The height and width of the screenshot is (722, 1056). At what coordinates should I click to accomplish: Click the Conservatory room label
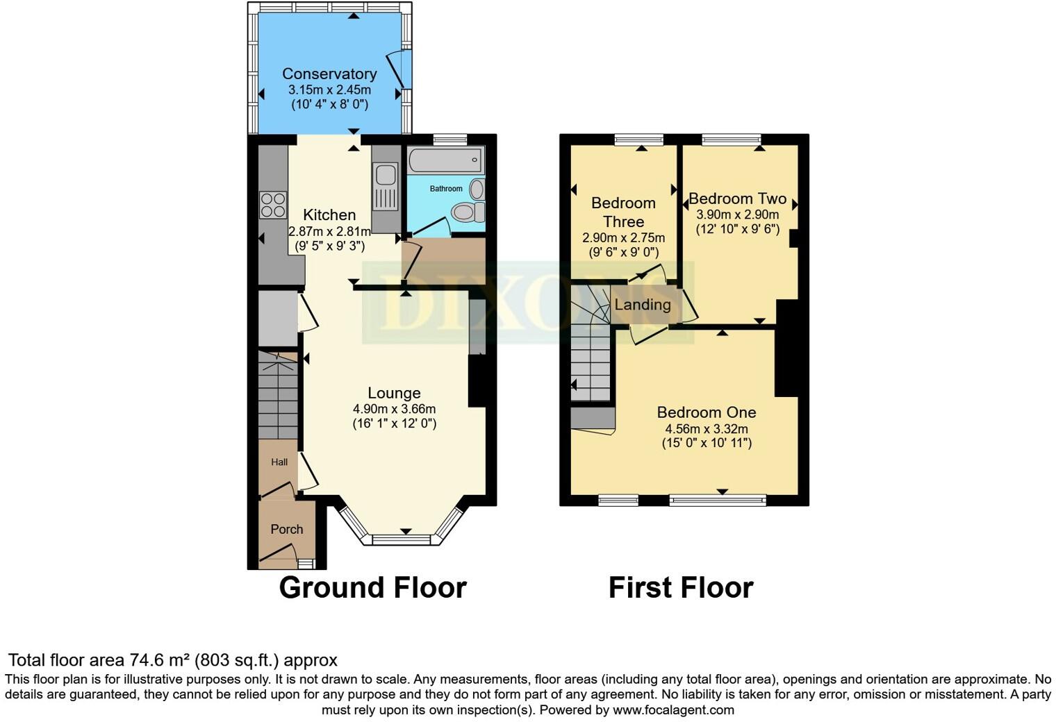329,74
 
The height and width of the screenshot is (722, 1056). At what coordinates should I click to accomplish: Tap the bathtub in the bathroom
445,160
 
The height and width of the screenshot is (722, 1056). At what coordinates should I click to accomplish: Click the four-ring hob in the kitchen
272,204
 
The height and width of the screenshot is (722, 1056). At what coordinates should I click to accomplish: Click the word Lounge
394,393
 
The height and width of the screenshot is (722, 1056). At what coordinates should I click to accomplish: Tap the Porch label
286,529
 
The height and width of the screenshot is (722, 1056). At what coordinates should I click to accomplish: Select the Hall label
279,462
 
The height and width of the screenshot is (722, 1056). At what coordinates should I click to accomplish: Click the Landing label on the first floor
643,305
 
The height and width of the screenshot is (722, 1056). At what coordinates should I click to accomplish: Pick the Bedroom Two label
737,199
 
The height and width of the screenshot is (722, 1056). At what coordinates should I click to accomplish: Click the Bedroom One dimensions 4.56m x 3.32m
707,428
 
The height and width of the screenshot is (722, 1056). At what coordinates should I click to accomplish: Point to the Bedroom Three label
623,212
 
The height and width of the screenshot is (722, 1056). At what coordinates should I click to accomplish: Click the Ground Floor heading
372,587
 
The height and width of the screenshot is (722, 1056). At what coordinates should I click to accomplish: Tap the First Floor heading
681,587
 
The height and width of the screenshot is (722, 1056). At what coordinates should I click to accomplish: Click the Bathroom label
445,189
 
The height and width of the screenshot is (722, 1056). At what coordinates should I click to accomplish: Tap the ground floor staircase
277,396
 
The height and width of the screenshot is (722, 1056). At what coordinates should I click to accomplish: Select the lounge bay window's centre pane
402,539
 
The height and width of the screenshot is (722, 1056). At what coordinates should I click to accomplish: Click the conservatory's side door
399,69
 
